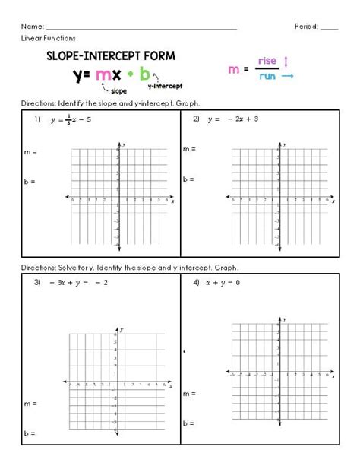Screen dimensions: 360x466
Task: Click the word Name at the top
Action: coord(33,27)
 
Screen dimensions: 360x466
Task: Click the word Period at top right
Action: coord(306,27)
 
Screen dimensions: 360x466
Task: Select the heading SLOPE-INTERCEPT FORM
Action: coord(111,55)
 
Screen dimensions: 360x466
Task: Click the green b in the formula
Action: coord(144,74)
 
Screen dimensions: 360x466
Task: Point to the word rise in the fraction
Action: coord(267,61)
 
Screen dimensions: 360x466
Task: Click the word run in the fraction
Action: coord(267,76)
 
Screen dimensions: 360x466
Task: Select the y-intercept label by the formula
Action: coord(165,86)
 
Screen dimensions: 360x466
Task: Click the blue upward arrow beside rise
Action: coord(286,60)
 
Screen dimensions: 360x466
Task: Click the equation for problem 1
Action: coord(71,120)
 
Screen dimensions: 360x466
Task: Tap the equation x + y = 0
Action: coord(228,283)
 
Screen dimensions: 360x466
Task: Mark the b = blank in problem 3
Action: coord(30,433)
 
